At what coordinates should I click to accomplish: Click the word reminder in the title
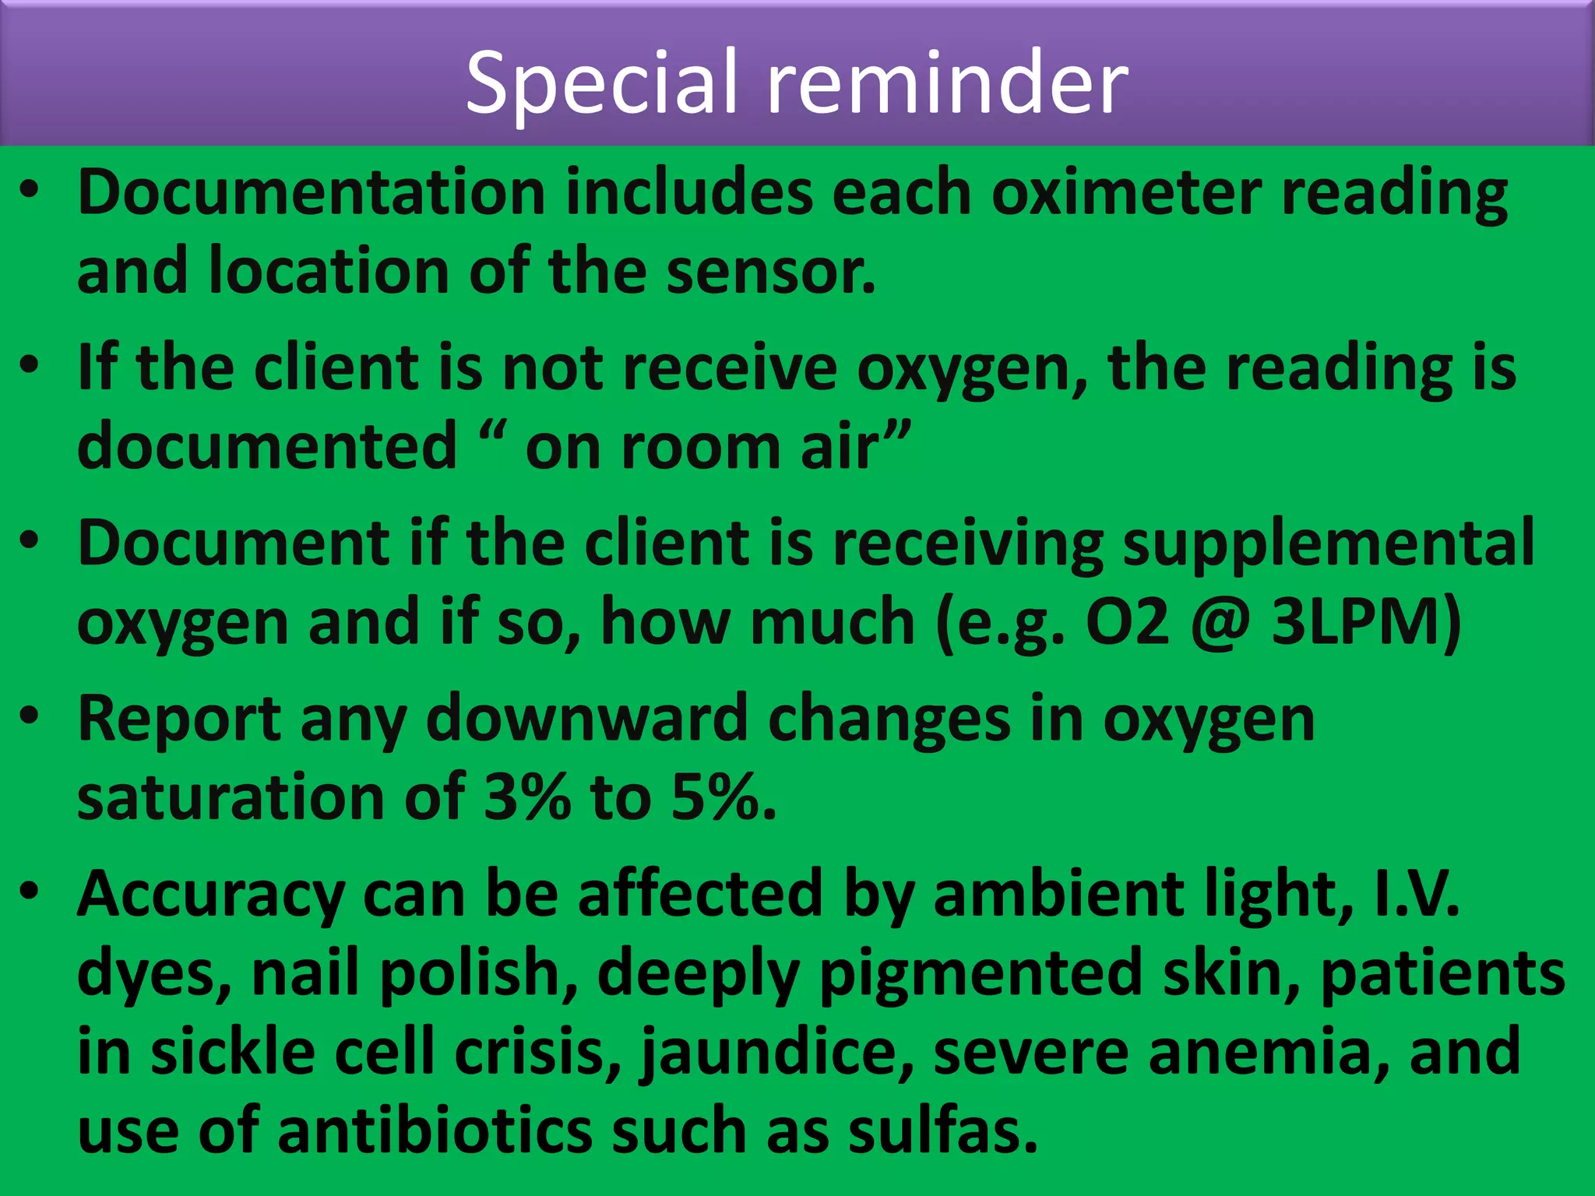point(948,83)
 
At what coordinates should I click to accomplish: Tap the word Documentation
point(312,192)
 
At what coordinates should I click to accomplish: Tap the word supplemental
point(1328,543)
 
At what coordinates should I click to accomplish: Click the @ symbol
point(1220,623)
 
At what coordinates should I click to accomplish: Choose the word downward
point(587,719)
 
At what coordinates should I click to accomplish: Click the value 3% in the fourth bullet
point(527,798)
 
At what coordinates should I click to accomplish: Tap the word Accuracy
point(210,895)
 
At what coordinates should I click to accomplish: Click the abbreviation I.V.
point(1417,895)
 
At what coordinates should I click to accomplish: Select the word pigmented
point(981,974)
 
